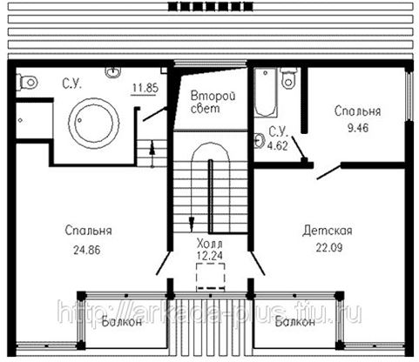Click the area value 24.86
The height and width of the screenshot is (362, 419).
click(x=87, y=250)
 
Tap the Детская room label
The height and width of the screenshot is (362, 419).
click(x=328, y=231)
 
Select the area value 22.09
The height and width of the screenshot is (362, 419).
click(x=329, y=247)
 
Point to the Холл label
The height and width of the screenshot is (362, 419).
click(x=209, y=243)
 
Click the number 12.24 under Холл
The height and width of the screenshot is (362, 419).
click(x=210, y=256)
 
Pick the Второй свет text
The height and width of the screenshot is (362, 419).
click(x=213, y=102)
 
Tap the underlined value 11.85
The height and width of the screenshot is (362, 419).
click(x=145, y=88)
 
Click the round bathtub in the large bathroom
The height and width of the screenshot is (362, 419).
click(x=94, y=124)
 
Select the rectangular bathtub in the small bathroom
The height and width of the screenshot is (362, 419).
click(x=266, y=92)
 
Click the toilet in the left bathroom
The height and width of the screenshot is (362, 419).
click(x=27, y=83)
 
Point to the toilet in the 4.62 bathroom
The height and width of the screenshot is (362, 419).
click(x=288, y=78)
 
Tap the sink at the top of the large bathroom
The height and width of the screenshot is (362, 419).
click(x=112, y=72)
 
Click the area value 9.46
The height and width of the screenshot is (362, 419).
click(x=358, y=128)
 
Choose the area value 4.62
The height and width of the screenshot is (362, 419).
click(x=278, y=145)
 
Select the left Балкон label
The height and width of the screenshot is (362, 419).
click(x=122, y=321)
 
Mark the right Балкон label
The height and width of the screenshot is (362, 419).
click(x=295, y=321)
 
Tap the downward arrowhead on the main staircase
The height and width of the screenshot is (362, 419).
click(x=192, y=225)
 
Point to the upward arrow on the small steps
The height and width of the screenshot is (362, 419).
click(x=152, y=154)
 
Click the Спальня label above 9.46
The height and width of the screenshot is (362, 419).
click(x=357, y=111)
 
